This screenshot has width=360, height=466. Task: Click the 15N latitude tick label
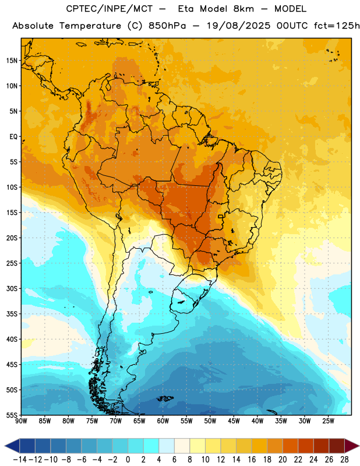coord(12,61)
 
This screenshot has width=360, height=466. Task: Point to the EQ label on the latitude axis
coord(13,137)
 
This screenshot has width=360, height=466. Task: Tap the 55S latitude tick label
coord(12,415)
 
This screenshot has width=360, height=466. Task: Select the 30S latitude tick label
coord(12,288)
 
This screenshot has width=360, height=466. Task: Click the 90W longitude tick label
coord(21,421)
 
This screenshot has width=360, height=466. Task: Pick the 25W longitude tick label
coord(328,421)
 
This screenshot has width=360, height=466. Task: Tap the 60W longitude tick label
coord(163,421)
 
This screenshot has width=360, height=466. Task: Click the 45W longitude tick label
coord(234,421)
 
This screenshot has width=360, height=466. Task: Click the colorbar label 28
coord(344,460)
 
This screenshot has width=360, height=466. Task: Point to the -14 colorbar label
coord(20,460)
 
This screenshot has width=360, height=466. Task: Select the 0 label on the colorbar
coord(128,460)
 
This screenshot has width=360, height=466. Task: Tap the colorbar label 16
coord(252,460)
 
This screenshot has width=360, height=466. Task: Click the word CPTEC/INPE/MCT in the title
coord(109,9)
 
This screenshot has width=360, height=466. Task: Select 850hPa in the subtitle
coord(167,26)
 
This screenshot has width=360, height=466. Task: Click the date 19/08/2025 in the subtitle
coord(238,26)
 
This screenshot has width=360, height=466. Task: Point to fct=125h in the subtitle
coord(337,26)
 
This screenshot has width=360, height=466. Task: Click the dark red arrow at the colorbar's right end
coord(351,446)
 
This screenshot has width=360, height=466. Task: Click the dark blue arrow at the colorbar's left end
coord(12,446)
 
